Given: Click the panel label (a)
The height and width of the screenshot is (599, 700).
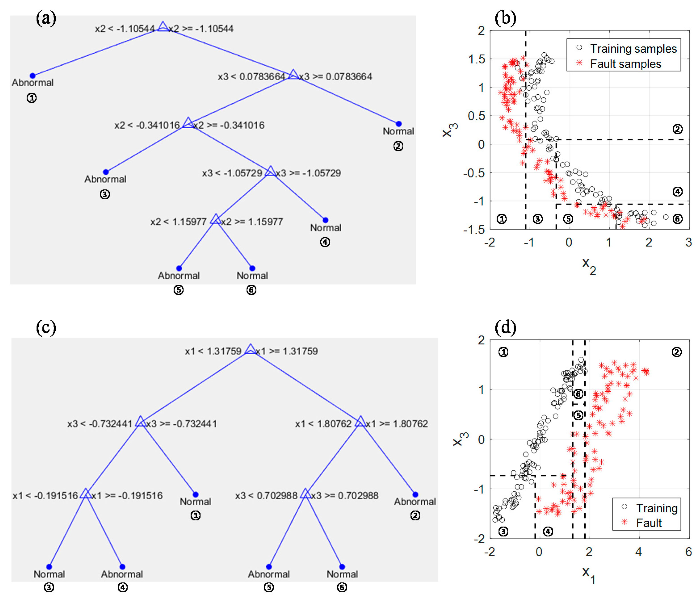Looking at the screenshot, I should [46, 18].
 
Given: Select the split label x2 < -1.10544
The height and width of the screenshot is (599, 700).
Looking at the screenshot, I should [124, 29].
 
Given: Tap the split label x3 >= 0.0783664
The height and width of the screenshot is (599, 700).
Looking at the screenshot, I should [335, 77].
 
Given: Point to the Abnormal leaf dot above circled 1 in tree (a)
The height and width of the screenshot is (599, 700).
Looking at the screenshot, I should [32, 76].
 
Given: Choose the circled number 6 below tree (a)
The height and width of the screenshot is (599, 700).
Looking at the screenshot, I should [251, 290].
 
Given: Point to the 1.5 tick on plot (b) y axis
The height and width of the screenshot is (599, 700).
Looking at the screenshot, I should [476, 59].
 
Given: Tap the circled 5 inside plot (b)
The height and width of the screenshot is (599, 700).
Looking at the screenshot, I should [568, 219].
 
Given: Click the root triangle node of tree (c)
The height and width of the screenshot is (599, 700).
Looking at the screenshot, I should [250, 349].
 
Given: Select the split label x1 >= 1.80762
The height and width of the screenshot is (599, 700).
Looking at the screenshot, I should [397, 424].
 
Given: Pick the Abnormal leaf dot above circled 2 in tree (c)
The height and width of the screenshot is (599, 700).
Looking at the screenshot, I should [415, 494].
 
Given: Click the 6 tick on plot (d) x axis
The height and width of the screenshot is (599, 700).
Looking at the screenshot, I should [688, 552].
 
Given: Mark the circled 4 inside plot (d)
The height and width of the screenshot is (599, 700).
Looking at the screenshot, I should [548, 532].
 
